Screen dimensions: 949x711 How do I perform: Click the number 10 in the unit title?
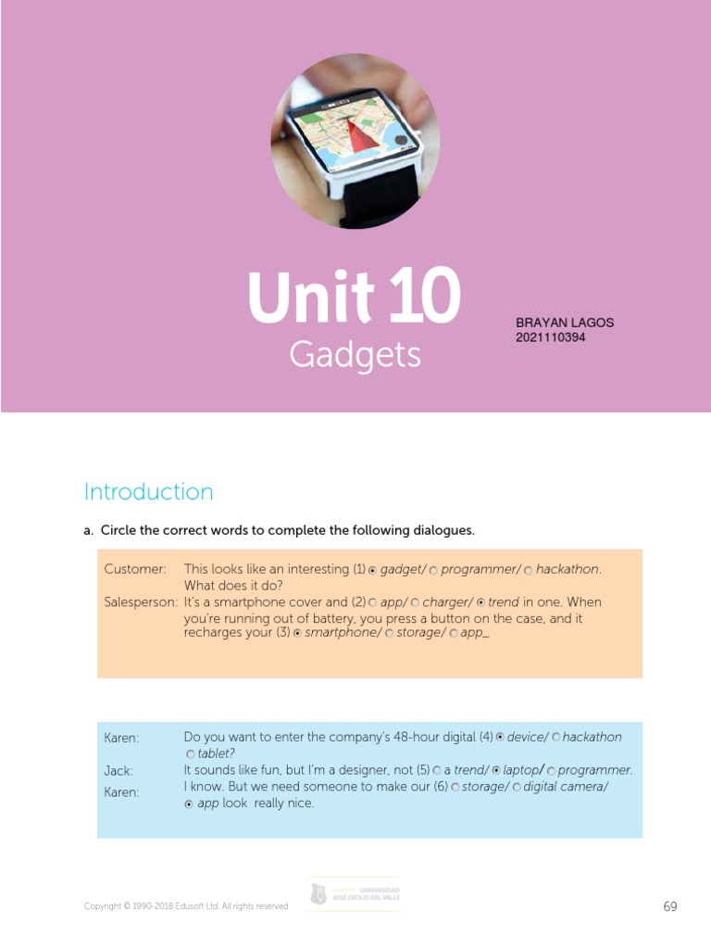coord(425,298)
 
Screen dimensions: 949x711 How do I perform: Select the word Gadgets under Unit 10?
coord(355,355)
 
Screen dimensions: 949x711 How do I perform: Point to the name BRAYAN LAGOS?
coord(565,323)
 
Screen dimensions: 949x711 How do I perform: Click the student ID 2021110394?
coord(550,337)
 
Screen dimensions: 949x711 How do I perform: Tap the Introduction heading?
coord(148,491)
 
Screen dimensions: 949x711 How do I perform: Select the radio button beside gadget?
coord(373,570)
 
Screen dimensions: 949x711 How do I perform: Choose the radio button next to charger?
coord(416,603)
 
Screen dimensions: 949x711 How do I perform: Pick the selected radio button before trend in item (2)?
coord(480,603)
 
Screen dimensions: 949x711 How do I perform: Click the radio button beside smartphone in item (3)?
coord(297,634)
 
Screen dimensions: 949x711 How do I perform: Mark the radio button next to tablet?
coord(191,754)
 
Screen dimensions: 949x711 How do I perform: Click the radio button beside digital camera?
coord(517,788)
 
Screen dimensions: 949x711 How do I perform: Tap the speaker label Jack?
coord(118,771)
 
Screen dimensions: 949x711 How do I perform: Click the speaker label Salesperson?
coord(141,602)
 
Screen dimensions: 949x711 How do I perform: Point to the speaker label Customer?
coord(135,569)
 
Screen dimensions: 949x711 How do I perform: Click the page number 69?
coord(670,906)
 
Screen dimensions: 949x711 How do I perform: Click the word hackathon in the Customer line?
coord(568,569)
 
